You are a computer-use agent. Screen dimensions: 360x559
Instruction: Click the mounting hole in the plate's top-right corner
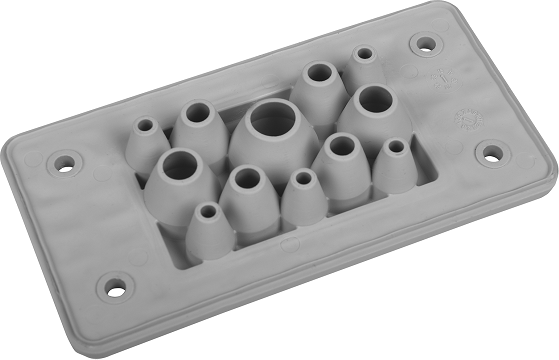coord(426,44)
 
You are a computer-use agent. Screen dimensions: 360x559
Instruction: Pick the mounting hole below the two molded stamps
coord(491,153)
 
